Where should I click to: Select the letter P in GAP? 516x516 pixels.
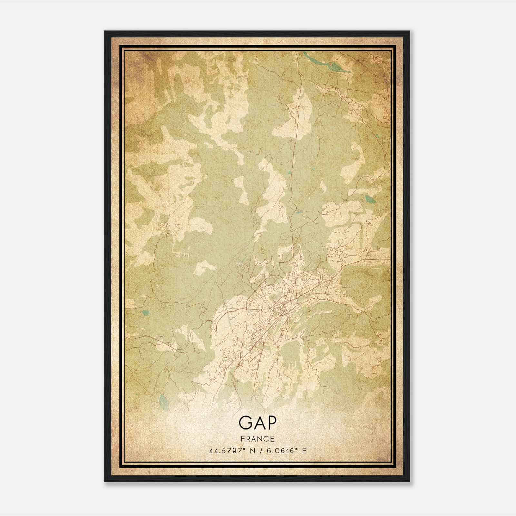click(x=271, y=423)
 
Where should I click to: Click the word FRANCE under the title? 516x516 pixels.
click(x=257, y=439)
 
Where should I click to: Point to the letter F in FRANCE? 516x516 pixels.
click(x=242, y=439)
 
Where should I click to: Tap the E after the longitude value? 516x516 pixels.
click(x=304, y=451)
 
